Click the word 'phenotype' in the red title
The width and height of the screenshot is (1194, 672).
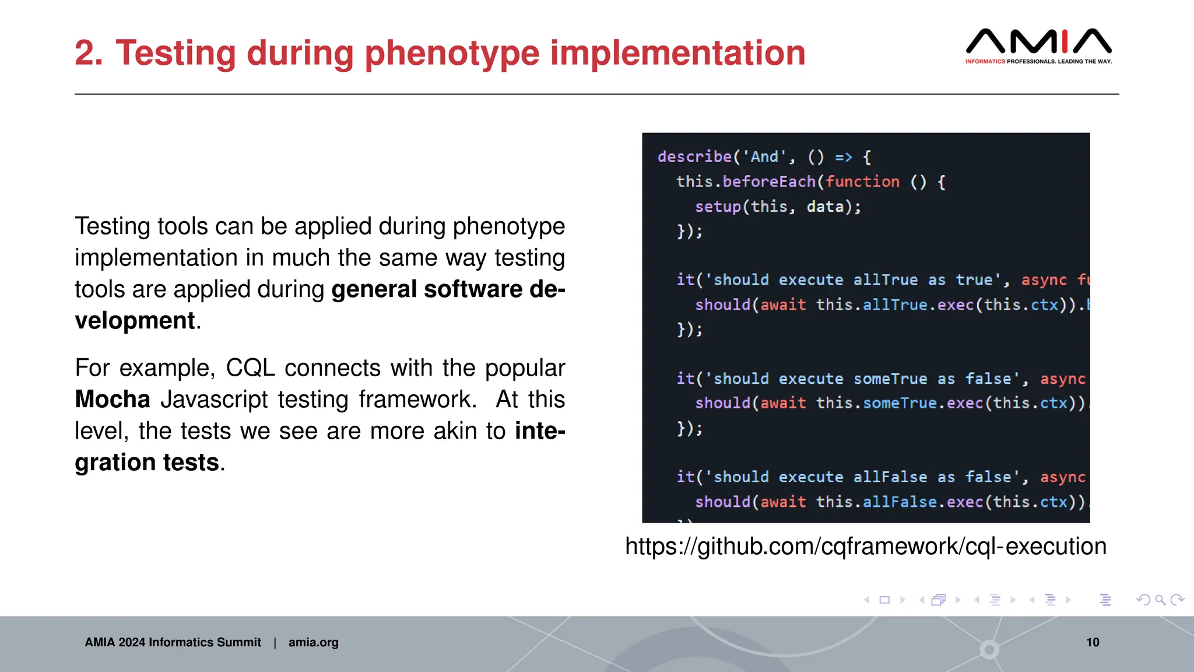click(x=452, y=53)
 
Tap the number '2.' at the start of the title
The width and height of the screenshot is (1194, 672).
click(x=89, y=53)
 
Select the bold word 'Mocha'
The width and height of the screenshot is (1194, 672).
click(x=113, y=400)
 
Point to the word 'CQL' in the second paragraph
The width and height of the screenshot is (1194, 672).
click(x=250, y=368)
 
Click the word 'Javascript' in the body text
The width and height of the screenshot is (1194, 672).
click(x=214, y=400)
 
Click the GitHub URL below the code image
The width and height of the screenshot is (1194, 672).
click(x=865, y=547)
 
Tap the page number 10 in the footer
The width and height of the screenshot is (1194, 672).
click(x=1093, y=642)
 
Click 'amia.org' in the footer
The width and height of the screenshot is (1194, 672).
click(x=313, y=642)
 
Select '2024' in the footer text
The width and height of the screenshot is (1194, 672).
click(x=131, y=642)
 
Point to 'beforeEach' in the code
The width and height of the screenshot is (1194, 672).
click(x=769, y=182)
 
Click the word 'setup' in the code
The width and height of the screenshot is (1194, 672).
click(x=718, y=207)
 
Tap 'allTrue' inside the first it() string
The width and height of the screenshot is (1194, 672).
click(x=885, y=280)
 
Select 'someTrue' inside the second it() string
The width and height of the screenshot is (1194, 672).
click(x=890, y=379)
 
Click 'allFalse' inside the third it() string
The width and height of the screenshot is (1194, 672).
click(x=890, y=477)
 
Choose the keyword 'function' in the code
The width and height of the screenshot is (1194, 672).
click(x=862, y=182)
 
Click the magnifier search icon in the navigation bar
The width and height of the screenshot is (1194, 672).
click(x=1160, y=600)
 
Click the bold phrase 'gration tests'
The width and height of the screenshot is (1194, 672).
click(x=147, y=463)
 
